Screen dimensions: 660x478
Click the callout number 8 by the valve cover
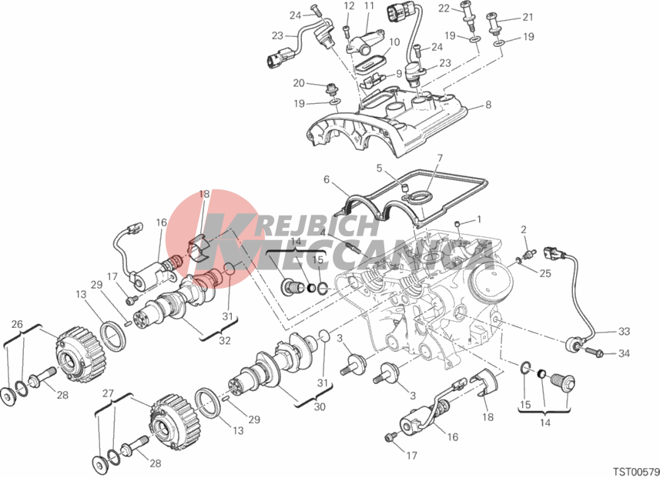click(488, 105)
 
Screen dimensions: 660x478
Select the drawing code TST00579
click(635, 471)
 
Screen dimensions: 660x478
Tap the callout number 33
click(624, 332)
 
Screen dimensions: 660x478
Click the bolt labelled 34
click(595, 351)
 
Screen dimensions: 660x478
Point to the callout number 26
click(17, 324)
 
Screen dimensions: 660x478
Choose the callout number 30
click(320, 407)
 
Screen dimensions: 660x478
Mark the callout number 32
click(225, 340)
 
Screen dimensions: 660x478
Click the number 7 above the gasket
click(440, 159)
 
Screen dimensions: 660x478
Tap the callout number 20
click(299, 83)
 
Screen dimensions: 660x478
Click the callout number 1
click(478, 219)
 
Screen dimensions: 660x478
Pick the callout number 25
click(545, 273)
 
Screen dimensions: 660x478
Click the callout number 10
click(394, 42)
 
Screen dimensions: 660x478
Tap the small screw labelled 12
click(346, 32)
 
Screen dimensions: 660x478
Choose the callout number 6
click(327, 179)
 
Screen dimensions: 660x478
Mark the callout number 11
click(369, 6)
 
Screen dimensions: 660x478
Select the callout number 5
click(379, 169)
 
